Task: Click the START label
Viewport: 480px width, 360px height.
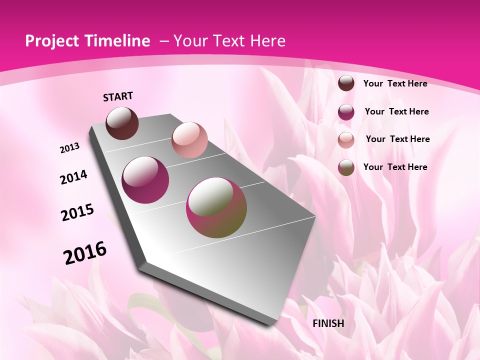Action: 118,96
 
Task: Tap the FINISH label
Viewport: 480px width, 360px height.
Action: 328,323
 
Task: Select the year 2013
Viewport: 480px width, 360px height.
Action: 70,148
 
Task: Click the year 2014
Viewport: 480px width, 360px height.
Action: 74,177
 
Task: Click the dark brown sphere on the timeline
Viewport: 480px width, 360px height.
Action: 122,123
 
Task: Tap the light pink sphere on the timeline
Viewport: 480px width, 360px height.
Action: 189,140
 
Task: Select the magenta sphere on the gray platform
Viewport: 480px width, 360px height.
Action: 145,180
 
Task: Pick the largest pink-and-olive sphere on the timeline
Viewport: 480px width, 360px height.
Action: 216,207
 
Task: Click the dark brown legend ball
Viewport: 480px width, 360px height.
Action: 346,83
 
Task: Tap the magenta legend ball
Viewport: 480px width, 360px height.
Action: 346,112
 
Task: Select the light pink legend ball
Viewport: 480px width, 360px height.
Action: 346,139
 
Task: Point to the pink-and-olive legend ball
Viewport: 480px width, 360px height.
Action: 346,167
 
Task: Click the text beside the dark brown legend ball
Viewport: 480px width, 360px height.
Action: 395,83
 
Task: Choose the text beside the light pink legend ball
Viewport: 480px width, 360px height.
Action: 397,139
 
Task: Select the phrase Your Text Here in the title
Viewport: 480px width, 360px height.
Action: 229,41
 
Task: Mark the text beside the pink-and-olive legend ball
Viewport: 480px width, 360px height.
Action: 395,167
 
